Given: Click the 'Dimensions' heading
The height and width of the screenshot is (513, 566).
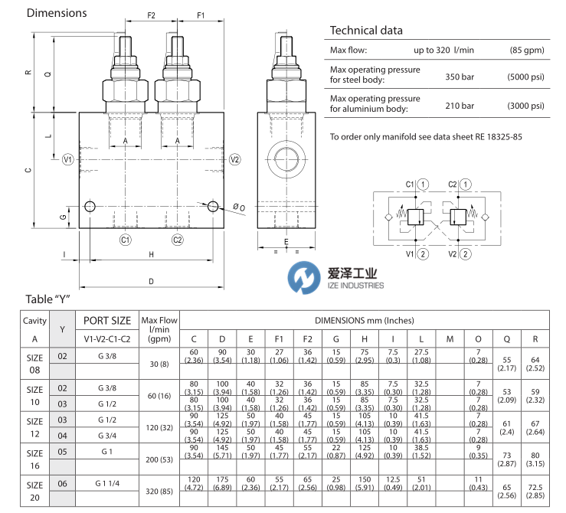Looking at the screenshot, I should tap(57, 13).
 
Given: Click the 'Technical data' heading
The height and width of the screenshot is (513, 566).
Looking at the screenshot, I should tap(365, 31).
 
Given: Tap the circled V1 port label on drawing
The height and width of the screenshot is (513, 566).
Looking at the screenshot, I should tap(67, 159).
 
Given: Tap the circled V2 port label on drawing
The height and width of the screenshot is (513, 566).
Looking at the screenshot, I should tap(235, 159).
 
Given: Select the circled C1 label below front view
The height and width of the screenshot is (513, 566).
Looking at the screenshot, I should tap(125, 240).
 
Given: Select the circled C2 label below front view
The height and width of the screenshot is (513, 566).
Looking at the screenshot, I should tap(178, 240).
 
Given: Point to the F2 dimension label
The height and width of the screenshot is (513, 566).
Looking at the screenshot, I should tap(151, 15).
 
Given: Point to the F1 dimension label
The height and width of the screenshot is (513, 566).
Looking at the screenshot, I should tap(201, 15).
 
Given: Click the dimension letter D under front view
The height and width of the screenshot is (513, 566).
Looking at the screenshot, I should tap(151, 281).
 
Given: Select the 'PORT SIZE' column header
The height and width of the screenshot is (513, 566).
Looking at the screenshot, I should tap(106, 322).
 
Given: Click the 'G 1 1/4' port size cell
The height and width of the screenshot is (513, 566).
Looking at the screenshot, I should tap(106, 483).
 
